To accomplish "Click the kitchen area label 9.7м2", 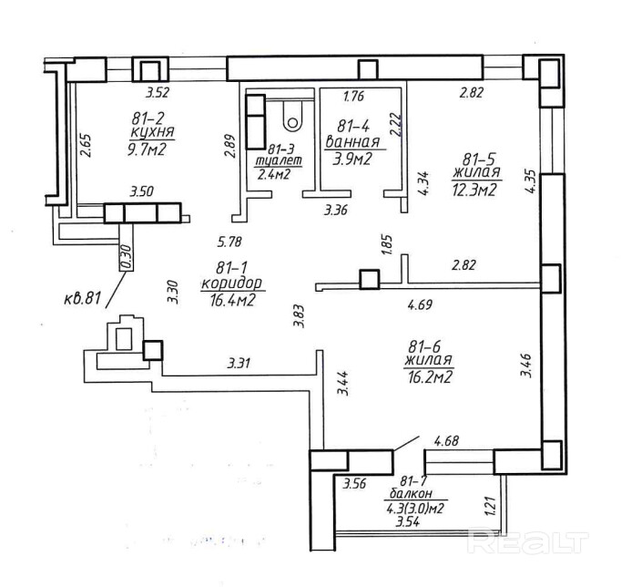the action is [145, 150].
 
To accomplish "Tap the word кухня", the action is [152, 131].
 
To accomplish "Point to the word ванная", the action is [352, 141].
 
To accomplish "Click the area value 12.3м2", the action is [474, 191].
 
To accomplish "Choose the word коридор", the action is [231, 283].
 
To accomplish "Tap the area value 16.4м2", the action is [232, 301].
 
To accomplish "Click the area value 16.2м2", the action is [430, 377].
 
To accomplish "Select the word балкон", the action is [411, 493].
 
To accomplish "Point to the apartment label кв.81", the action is [82, 298].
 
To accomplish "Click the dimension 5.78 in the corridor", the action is [229, 241].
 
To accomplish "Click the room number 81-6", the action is [424, 346].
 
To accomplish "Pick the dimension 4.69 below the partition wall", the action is [420, 304].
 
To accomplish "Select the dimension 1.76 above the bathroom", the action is [353, 96].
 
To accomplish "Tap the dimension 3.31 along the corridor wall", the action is [239, 363].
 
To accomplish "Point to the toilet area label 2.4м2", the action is [274, 173].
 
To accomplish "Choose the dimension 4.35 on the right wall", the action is [531, 181].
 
